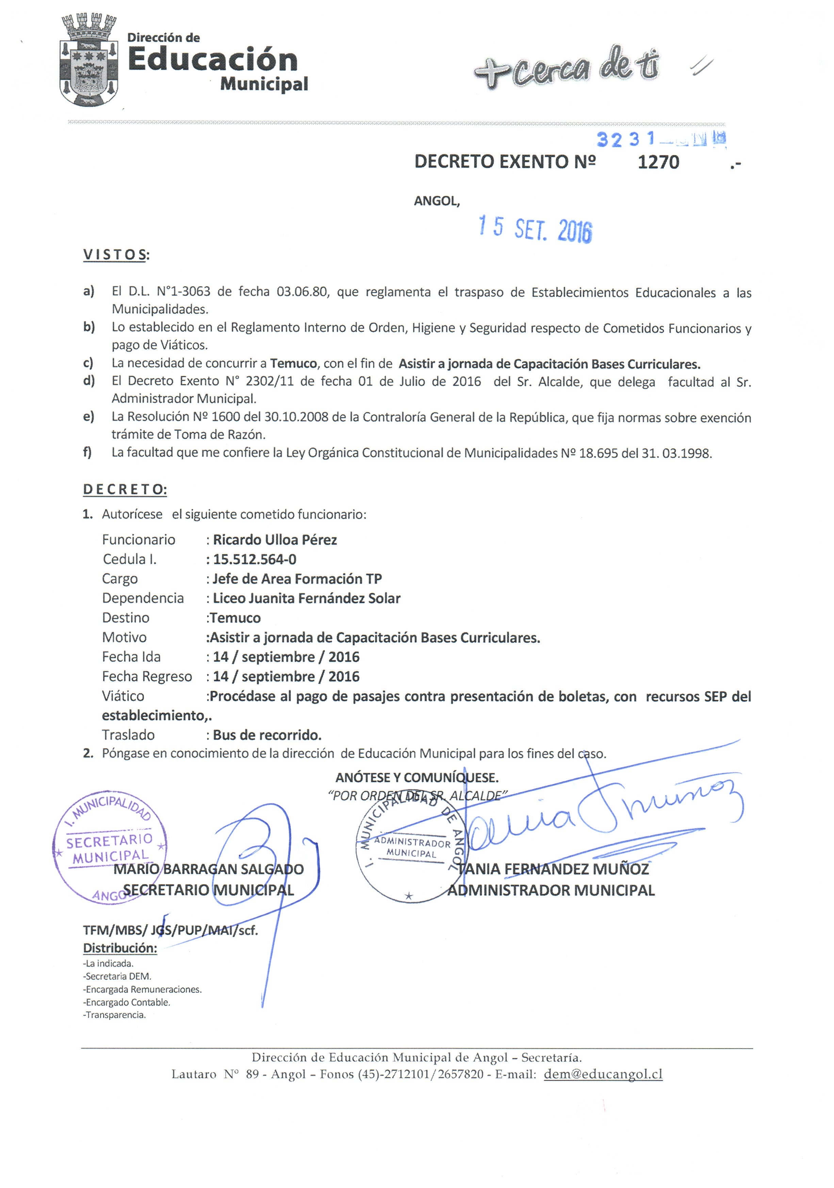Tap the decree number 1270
(x=658, y=162)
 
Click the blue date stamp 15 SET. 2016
(x=535, y=229)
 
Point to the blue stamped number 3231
(x=625, y=139)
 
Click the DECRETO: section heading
(x=125, y=490)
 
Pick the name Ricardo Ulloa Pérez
(x=275, y=540)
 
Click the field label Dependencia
(x=143, y=598)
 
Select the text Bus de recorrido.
(x=267, y=735)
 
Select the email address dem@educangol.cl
(x=603, y=1074)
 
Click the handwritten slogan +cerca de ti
(x=566, y=67)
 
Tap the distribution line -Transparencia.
(x=114, y=1015)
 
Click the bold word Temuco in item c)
(x=293, y=364)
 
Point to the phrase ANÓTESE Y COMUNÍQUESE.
(x=417, y=777)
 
